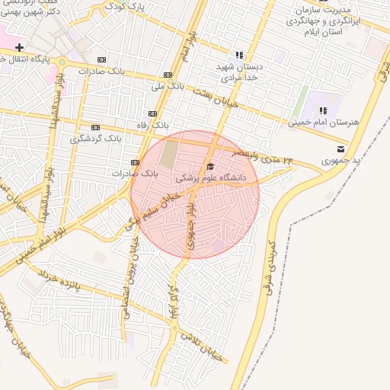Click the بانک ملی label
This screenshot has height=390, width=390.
[168, 86]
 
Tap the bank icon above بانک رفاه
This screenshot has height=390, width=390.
[153, 113]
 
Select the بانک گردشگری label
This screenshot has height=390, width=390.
[95, 139]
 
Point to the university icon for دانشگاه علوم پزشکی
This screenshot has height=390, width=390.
[210, 166]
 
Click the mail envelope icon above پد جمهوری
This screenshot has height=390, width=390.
[340, 149]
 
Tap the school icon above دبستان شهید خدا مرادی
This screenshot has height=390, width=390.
[239, 55]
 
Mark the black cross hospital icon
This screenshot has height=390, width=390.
[19, 48]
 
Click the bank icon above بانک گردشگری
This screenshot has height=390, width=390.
[95, 127]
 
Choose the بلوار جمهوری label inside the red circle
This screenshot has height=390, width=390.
[188, 225]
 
